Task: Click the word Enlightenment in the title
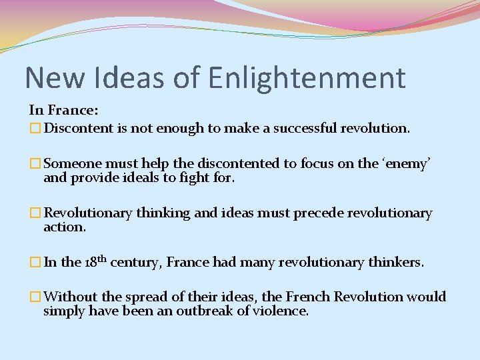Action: click(306, 78)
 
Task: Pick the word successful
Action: click(299, 127)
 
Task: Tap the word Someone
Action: click(71, 163)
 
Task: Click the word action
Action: click(65, 227)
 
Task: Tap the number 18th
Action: click(95, 261)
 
